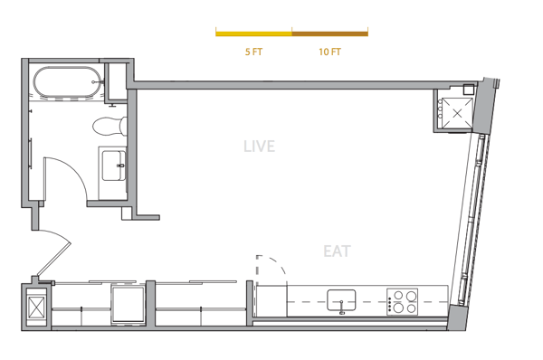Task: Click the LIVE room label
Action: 259,146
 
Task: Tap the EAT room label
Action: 337,251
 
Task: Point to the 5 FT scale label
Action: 253,52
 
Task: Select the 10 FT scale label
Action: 329,52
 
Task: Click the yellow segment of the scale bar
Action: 253,34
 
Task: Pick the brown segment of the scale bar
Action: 329,34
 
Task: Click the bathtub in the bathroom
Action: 68,82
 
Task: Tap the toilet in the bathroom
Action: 110,126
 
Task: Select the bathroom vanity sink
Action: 114,166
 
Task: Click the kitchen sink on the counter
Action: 341,300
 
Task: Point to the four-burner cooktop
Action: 402,302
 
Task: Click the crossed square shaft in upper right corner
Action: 457,113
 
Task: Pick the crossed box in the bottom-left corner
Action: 36,307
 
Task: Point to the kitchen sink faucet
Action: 342,308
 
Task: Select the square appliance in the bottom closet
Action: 128,304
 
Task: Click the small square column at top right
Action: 469,89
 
